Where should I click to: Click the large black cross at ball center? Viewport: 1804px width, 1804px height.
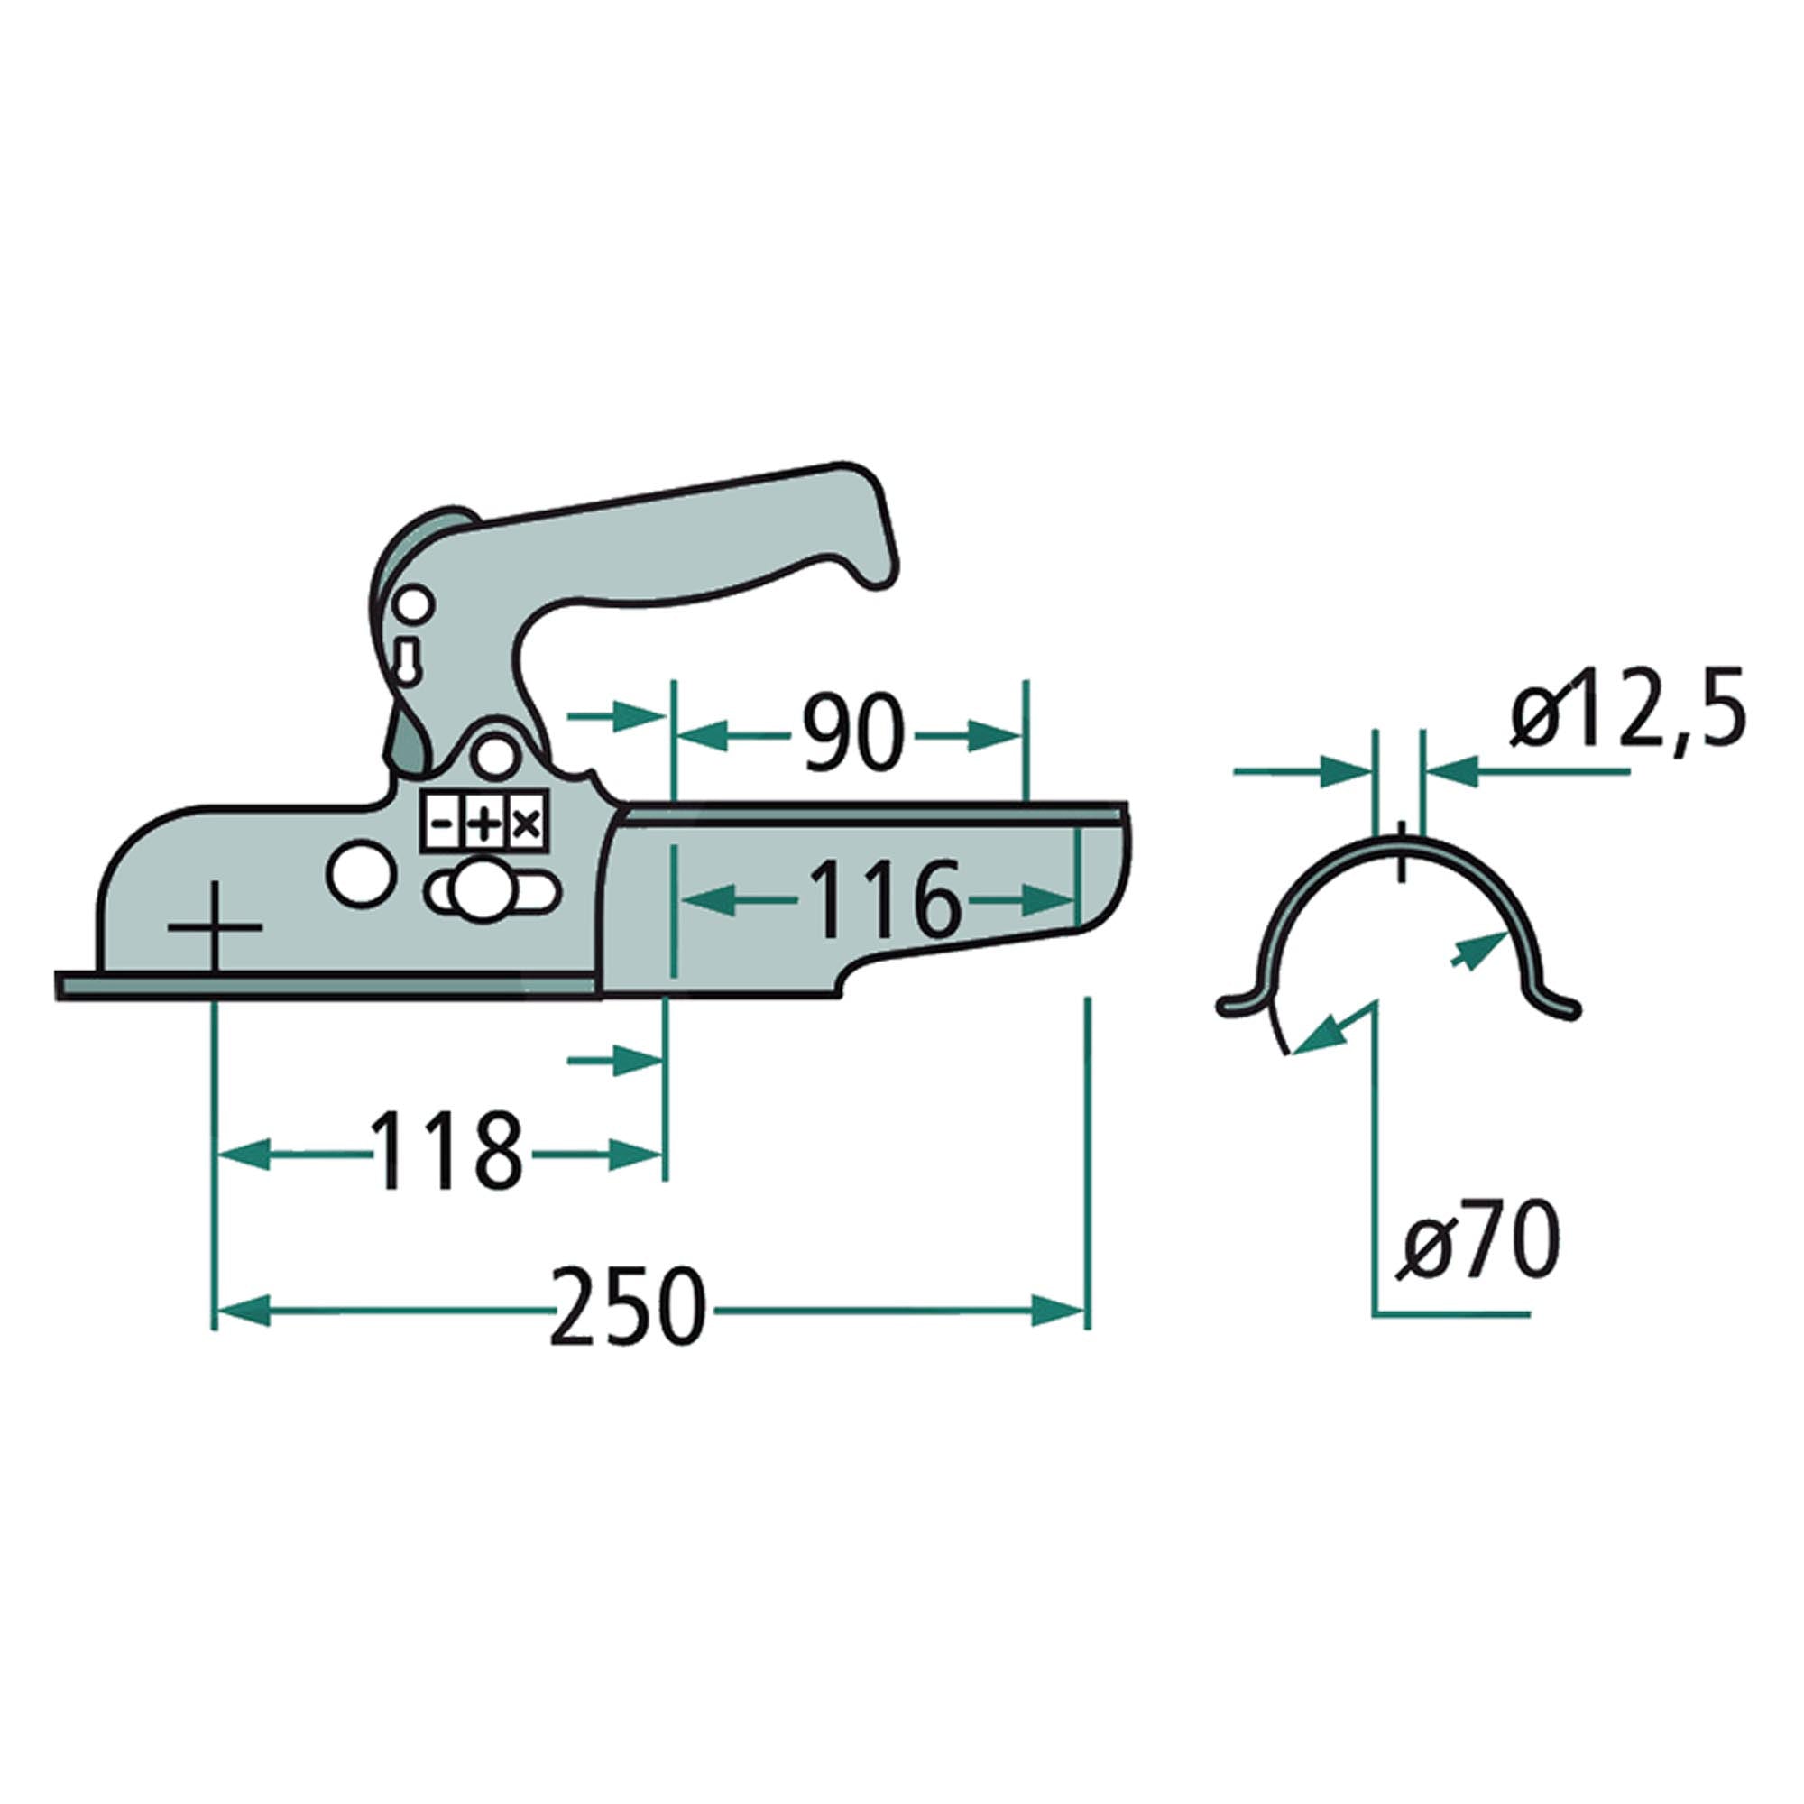tap(215, 927)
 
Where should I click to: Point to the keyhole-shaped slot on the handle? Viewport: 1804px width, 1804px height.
tap(408, 658)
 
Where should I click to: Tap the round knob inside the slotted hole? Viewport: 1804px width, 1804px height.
tap(479, 893)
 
